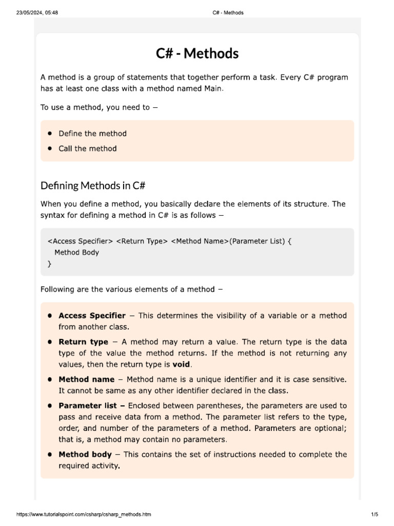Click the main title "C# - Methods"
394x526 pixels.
[x=197, y=53]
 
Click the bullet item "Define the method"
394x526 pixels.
[x=92, y=134]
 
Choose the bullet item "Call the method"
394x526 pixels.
[x=88, y=148]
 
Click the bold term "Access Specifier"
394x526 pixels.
[x=92, y=315]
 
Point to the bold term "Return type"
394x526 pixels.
[x=83, y=342]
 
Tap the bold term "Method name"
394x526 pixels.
[x=86, y=379]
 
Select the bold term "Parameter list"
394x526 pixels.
[x=88, y=405]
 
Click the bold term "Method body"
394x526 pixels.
[x=85, y=454]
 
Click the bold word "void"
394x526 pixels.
[x=181, y=364]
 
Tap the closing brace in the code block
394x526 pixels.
[x=49, y=264]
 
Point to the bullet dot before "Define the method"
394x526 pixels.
[x=50, y=134]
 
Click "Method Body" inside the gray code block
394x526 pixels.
[x=76, y=252]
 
